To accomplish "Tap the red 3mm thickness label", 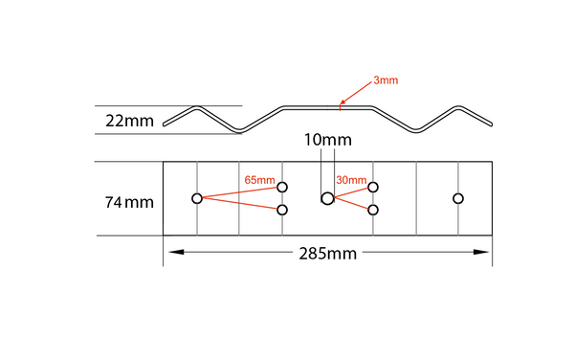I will [386, 81].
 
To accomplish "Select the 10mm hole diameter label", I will [325, 140].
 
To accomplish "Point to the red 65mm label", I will [259, 179].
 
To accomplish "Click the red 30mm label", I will [351, 179].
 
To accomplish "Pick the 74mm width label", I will [129, 202].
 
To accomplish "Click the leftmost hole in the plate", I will [197, 198].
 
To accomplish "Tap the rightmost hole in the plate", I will [458, 198].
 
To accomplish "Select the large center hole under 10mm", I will [327, 198].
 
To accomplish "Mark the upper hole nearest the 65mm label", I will [282, 188].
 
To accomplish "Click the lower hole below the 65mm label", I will [282, 210].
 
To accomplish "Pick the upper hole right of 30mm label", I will [373, 188].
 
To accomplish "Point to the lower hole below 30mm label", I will [373, 210].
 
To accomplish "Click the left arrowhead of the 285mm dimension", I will [171, 252].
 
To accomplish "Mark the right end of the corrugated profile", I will [491, 123].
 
